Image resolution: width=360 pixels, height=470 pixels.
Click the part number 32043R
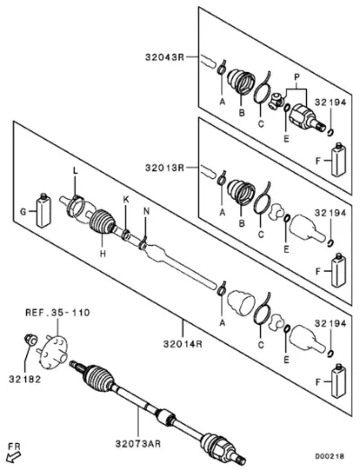(165, 57)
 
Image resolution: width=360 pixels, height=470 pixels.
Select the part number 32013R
(165, 167)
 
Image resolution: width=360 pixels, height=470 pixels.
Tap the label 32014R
(183, 343)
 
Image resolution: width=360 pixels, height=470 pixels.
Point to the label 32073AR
(139, 444)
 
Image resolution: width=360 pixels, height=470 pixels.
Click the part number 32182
(24, 379)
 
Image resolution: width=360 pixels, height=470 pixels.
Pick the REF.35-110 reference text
(58, 312)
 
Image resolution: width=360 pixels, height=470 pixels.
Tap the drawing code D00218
(329, 456)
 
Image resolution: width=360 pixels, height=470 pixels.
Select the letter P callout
(297, 77)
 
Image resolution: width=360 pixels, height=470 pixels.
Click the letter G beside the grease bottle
(23, 212)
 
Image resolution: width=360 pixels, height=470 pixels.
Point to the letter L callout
(76, 171)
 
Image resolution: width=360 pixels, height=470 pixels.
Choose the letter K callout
(126, 200)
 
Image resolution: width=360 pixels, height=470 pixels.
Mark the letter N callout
(146, 212)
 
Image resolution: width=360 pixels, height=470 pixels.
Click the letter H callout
(103, 254)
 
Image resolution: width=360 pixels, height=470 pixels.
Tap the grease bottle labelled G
(43, 210)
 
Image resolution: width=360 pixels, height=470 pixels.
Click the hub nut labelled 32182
(31, 339)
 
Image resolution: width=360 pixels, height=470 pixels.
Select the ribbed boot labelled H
(103, 221)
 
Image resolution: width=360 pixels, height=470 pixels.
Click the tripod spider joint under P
(276, 101)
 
